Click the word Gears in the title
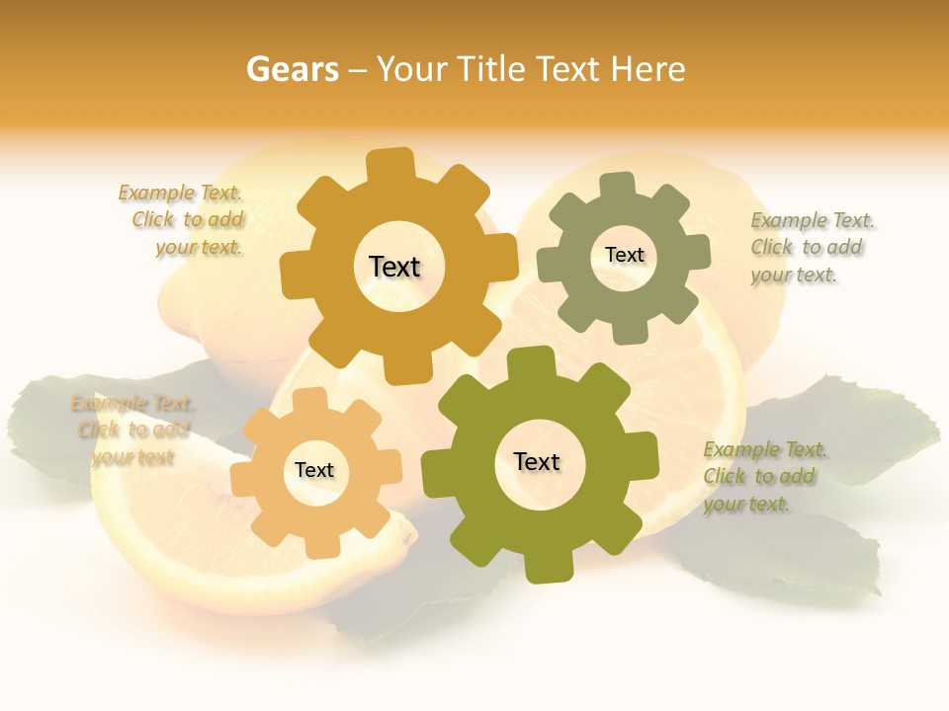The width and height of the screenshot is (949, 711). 293,69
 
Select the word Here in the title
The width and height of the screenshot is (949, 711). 647,69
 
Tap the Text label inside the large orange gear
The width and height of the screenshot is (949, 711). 394,267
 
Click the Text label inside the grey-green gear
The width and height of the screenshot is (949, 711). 624,255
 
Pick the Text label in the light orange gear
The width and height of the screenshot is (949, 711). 314,471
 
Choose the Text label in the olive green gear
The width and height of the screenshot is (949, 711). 537,462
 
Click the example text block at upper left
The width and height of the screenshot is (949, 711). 184,220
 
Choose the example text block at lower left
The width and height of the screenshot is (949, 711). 132,431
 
